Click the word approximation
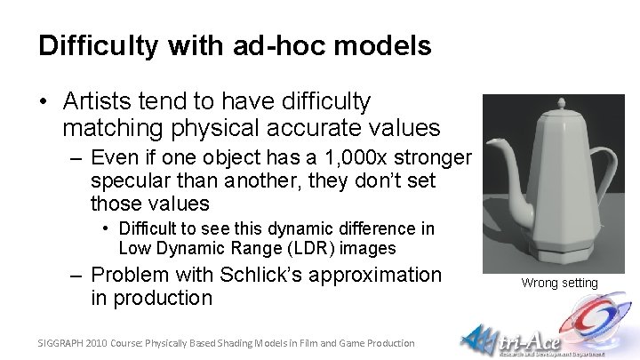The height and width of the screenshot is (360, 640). [x=377, y=275]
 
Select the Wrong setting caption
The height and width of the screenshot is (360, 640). [x=559, y=284]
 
